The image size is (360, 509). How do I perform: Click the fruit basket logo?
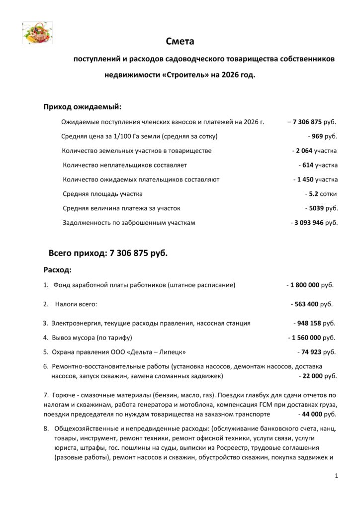click(37, 33)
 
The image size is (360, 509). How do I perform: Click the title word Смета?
click(180, 41)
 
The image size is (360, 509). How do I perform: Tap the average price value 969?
click(317, 136)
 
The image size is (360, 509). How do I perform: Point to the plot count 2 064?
click(304, 151)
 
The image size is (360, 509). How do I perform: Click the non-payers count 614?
click(308, 165)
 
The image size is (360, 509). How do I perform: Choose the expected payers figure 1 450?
click(304, 179)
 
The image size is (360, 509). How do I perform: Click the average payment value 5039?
click(316, 208)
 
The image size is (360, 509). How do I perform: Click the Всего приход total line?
click(108, 253)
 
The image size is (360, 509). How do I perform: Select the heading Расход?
click(58, 270)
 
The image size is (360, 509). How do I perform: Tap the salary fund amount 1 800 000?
click(305, 285)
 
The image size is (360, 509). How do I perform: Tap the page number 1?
click(337, 476)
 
